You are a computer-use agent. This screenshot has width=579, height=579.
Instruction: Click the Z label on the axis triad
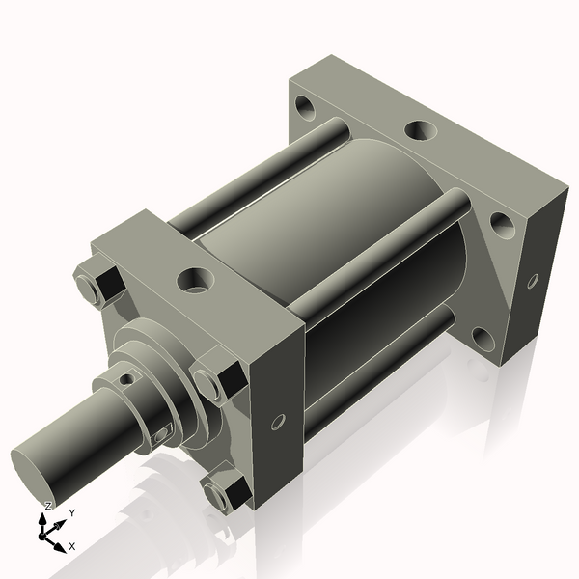[47, 506]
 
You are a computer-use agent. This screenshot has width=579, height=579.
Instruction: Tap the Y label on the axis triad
[72, 513]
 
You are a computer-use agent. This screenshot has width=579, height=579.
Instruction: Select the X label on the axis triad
[72, 546]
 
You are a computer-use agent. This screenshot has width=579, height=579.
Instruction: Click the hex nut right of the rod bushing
[218, 377]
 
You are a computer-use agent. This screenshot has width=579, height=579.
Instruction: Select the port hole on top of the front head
[196, 280]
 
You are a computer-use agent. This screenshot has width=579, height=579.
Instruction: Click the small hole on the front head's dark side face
[278, 423]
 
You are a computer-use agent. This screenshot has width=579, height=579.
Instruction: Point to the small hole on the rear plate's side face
[533, 282]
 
